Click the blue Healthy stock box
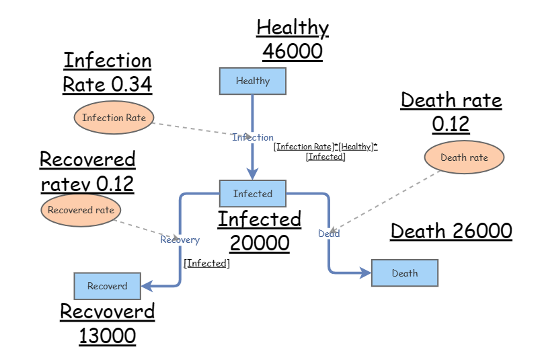point(253,81)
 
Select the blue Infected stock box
point(253,194)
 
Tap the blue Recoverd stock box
point(107,286)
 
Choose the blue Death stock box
point(405,273)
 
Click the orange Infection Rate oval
point(114,118)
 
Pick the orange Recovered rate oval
point(81,210)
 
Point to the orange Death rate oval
point(464,157)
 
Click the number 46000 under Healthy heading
point(293,51)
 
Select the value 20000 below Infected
point(260,242)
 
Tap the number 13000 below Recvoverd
point(107,335)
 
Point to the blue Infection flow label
point(253,137)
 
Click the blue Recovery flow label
point(180,240)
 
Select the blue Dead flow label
point(329,233)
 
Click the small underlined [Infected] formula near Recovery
point(206,263)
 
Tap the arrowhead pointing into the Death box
point(366,273)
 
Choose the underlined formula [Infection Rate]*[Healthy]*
point(325,147)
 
